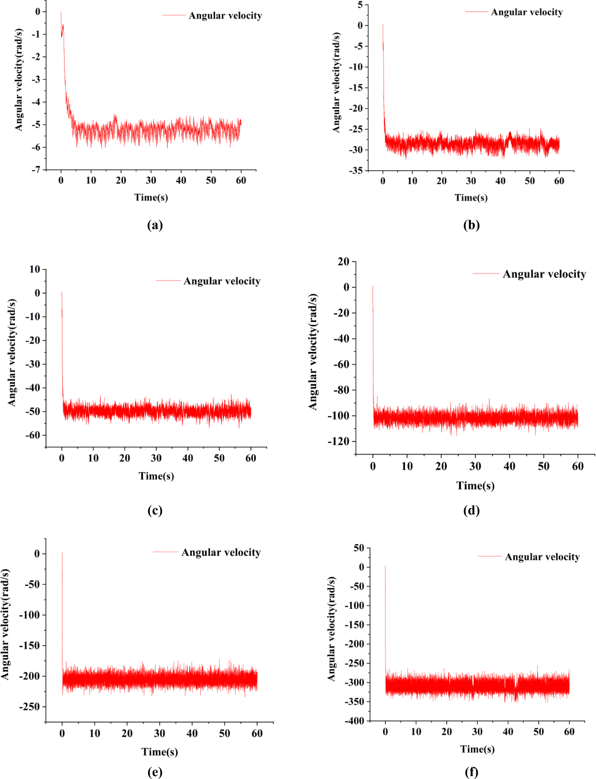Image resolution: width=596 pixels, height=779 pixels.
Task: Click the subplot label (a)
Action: [155, 225]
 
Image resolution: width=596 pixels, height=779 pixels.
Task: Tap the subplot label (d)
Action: [471, 510]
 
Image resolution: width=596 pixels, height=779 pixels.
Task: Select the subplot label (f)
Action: [471, 772]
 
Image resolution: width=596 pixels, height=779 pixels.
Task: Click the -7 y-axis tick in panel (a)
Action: [36, 170]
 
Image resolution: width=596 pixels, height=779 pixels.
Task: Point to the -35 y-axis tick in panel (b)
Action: [356, 171]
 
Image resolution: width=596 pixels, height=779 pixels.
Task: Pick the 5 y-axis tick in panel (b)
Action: [360, 5]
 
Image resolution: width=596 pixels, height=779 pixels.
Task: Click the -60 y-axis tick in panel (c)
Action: [33, 435]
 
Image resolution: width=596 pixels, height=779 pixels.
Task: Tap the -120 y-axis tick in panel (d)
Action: [338, 441]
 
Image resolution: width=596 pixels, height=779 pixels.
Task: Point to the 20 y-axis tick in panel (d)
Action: [344, 261]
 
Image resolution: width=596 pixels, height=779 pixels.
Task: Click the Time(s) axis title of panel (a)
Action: [151, 198]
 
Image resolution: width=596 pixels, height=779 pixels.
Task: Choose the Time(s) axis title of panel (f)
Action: [477, 749]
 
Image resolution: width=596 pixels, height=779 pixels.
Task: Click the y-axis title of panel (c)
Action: [12, 352]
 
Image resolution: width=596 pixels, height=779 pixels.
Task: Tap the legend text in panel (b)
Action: [527, 12]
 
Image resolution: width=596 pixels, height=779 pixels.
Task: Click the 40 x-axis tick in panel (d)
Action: [509, 466]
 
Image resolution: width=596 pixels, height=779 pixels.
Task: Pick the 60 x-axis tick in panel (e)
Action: [257, 733]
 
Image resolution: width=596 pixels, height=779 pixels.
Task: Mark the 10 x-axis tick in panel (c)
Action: [93, 458]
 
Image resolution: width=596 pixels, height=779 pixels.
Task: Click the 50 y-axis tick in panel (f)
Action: [359, 548]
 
